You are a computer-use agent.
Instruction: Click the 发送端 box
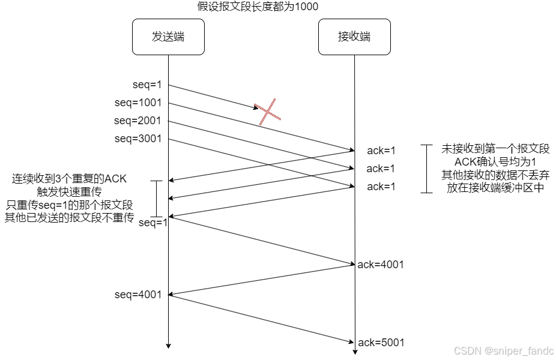coord(168,37)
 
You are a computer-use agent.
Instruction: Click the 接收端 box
coord(354,37)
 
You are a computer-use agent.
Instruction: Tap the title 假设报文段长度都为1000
coord(258,7)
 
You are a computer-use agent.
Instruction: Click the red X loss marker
coord(268,112)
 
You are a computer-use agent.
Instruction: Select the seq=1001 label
coord(138,103)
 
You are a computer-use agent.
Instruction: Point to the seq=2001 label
coord(138,121)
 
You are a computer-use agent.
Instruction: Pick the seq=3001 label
coord(138,139)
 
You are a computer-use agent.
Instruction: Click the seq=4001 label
coord(138,295)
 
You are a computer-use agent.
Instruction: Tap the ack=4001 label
coord(381,264)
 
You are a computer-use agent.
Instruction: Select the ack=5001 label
coord(381,343)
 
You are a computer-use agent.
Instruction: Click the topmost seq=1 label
coord(147,85)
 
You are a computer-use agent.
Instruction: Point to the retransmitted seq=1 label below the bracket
coord(153,223)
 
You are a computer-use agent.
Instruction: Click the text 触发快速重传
coord(70,192)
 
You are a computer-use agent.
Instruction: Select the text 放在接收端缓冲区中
coord(495,187)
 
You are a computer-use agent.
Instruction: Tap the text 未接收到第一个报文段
coord(495,149)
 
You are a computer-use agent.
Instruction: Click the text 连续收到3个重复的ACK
coord(70,179)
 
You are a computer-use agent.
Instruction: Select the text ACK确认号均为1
coord(495,162)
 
